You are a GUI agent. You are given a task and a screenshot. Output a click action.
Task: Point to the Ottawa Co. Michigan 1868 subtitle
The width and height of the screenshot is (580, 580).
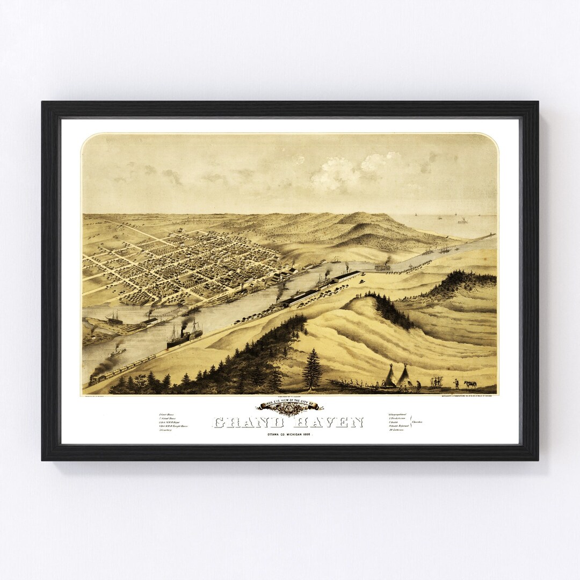(289, 434)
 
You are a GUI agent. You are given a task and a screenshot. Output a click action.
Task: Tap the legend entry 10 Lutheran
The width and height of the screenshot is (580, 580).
(396, 430)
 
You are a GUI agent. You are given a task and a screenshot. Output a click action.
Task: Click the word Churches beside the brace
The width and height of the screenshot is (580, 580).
(417, 422)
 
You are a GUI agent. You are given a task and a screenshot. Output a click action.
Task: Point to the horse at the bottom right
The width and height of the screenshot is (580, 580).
(470, 384)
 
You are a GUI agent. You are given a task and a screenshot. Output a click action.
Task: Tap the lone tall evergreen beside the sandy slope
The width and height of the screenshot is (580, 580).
(312, 368)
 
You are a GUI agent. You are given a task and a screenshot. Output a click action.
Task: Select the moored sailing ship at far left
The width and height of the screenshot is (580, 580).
(114, 320)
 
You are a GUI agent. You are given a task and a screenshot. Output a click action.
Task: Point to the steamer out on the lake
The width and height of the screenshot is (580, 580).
(462, 220)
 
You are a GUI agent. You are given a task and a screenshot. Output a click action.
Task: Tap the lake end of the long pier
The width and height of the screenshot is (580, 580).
(492, 235)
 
